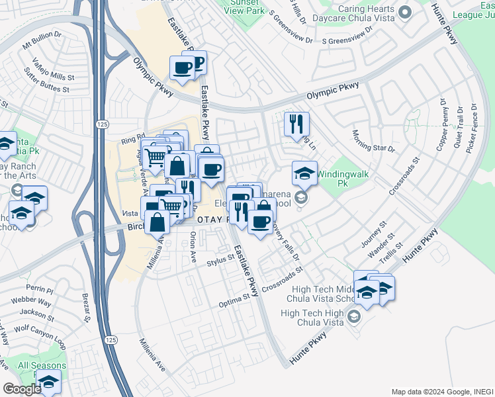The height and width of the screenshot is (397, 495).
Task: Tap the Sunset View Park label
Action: (247, 7)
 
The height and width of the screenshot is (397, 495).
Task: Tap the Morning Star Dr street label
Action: (373, 141)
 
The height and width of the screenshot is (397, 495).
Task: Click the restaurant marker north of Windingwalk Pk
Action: (296, 123)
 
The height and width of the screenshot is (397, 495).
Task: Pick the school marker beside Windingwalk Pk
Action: (304, 173)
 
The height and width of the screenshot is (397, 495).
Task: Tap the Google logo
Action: (22, 388)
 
